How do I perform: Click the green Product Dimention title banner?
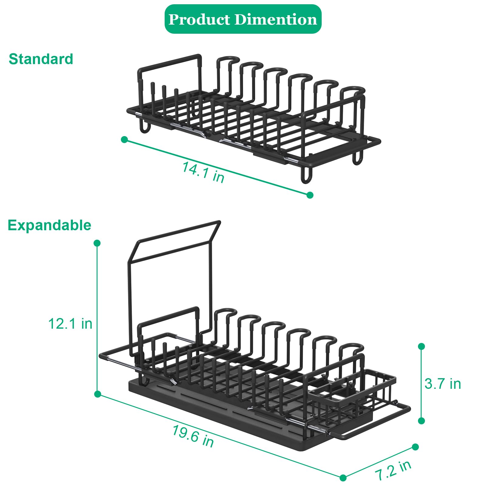243,19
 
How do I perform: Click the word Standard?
41,59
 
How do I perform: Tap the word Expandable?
49,225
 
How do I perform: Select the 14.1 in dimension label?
203,172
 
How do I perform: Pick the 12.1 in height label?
70,323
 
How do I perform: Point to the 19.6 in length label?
193,436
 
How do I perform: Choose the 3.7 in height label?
443,384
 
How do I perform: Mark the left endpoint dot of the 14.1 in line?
124,140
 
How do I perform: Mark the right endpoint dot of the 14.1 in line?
310,195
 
